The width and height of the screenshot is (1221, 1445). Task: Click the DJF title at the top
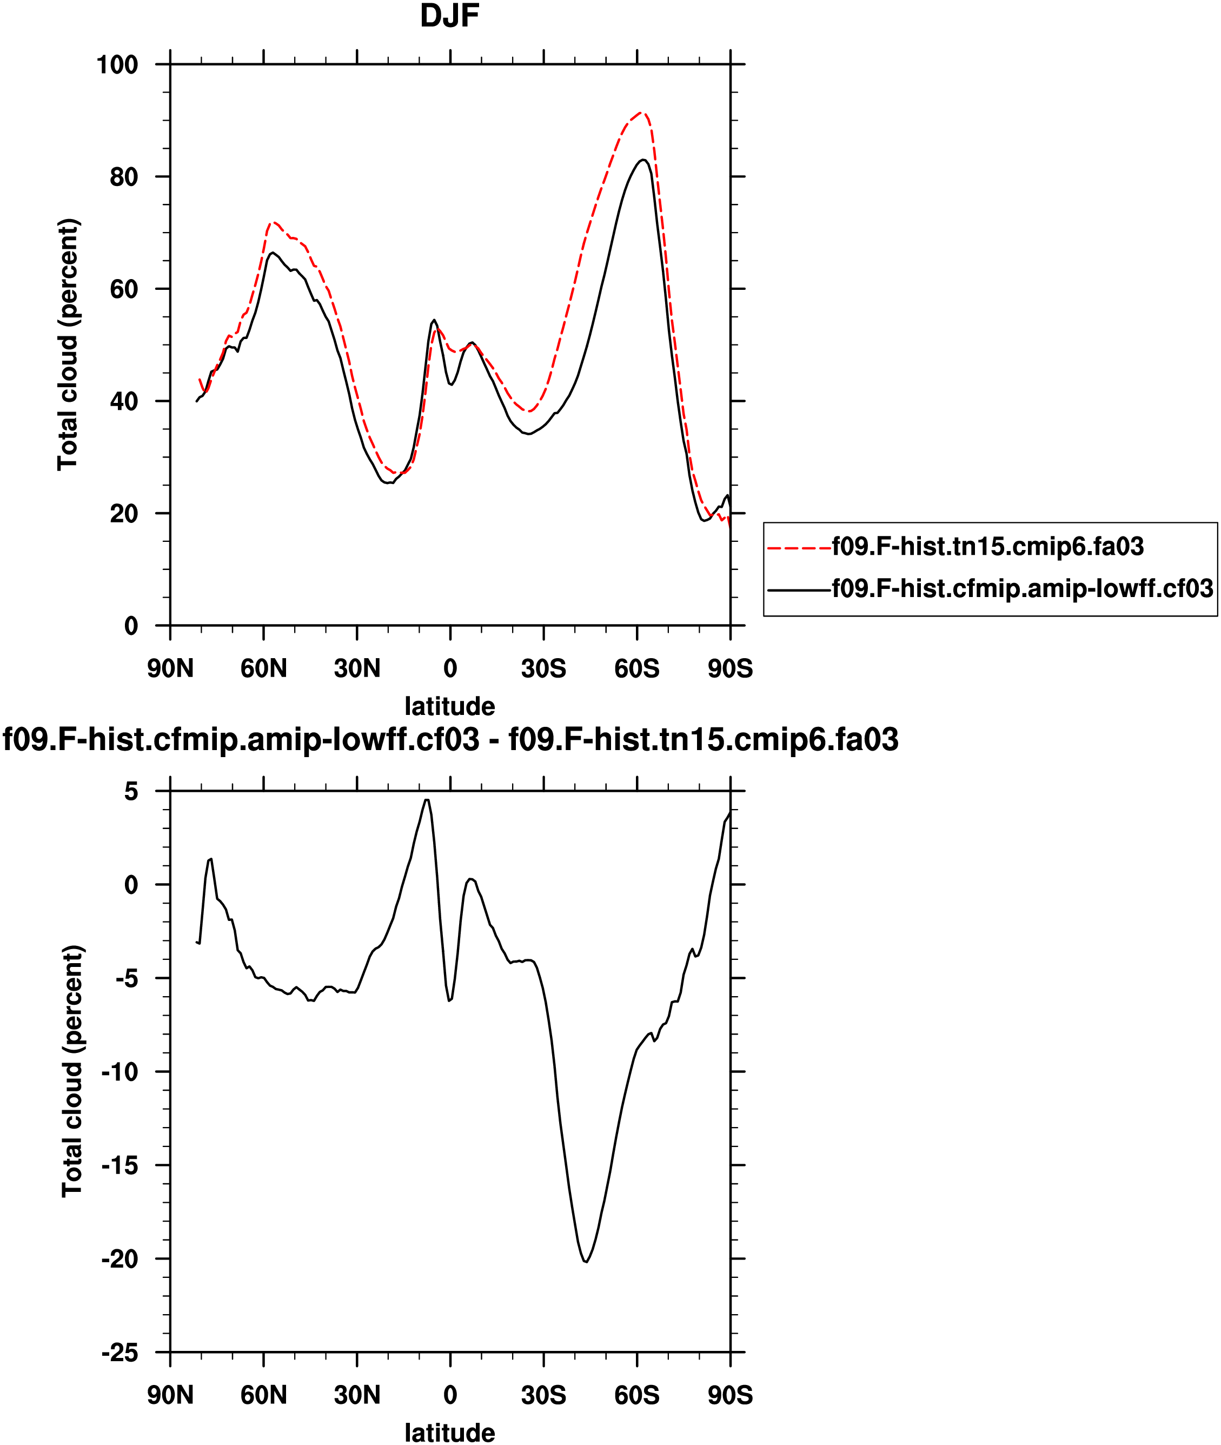[449, 16]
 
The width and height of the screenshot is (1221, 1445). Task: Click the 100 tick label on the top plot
[117, 65]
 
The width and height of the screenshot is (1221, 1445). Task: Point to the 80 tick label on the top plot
[123, 177]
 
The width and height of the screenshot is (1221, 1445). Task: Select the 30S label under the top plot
[543, 668]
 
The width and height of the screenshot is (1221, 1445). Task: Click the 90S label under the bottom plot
[729, 1395]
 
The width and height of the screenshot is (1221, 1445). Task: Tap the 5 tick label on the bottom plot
[131, 791]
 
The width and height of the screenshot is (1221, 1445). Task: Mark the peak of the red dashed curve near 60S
[641, 112]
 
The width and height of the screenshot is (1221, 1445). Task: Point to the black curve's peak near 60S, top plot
[643, 160]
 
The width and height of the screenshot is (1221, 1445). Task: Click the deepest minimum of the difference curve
[586, 1262]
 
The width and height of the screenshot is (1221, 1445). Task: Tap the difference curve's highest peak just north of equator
[427, 800]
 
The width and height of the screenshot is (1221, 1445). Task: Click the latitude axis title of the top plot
[449, 707]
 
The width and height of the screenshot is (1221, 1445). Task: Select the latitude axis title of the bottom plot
[449, 1432]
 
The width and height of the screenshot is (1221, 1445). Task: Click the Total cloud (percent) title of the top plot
[69, 344]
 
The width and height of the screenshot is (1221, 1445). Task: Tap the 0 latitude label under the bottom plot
[450, 1395]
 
